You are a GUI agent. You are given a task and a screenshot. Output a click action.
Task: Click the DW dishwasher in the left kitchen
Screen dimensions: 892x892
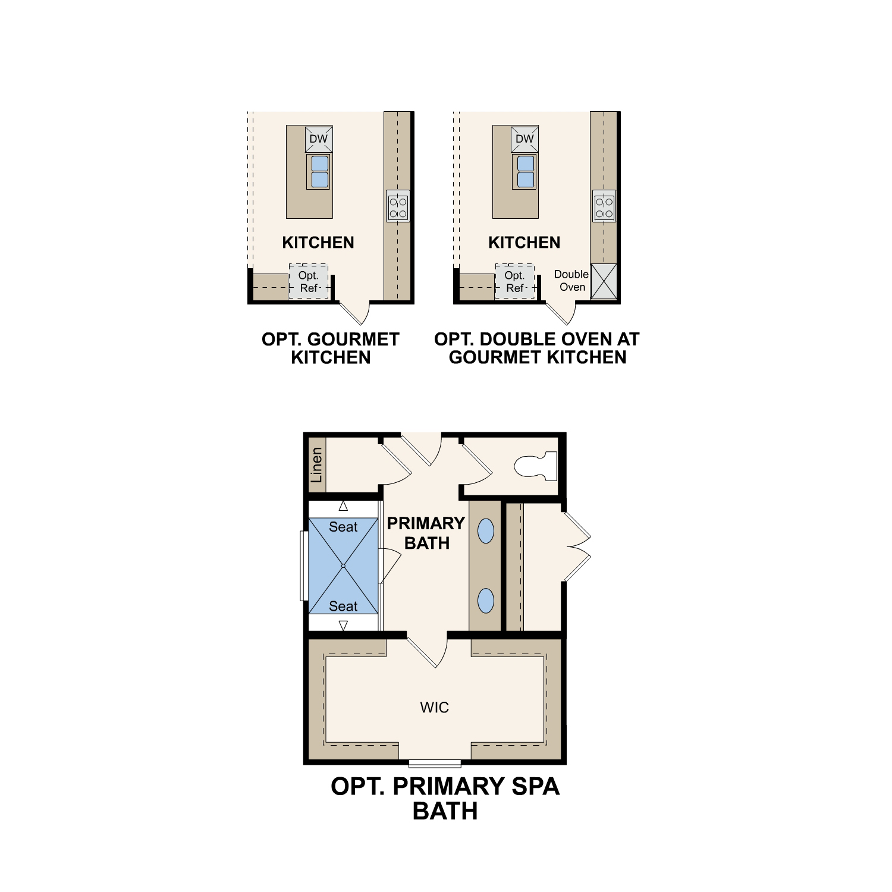319,139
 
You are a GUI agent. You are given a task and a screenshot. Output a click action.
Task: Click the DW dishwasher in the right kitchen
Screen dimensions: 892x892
524,139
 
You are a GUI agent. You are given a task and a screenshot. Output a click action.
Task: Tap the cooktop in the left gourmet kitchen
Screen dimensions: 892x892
398,206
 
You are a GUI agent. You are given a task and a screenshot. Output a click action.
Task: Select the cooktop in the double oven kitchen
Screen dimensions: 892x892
604,206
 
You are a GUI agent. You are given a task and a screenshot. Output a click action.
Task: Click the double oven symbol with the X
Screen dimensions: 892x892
604,281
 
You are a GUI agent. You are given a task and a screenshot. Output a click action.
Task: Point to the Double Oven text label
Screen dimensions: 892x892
571,281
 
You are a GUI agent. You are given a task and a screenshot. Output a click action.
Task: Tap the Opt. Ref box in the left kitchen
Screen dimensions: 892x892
309,281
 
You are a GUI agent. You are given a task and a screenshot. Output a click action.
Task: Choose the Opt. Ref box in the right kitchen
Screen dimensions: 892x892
514,281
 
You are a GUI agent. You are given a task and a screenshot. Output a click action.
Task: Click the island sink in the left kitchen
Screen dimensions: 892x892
319,172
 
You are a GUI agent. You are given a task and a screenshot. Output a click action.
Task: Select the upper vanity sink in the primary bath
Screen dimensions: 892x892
486,531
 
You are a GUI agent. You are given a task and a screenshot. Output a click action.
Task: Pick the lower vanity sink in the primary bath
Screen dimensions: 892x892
486,601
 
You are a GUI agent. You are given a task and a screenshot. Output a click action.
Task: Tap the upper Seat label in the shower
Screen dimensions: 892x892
343,527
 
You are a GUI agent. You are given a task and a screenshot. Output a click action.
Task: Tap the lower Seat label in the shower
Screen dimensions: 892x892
343,606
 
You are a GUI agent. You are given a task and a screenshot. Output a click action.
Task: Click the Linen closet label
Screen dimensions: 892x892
316,465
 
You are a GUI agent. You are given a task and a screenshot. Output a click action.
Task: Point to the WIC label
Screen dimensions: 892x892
434,707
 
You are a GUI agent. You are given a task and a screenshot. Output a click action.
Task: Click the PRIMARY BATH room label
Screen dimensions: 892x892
426,533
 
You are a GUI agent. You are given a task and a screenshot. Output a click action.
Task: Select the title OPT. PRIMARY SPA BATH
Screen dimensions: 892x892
445,799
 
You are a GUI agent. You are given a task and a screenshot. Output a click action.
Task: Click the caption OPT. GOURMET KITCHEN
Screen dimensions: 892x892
331,348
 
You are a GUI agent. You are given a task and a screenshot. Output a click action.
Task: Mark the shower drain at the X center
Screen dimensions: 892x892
343,566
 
